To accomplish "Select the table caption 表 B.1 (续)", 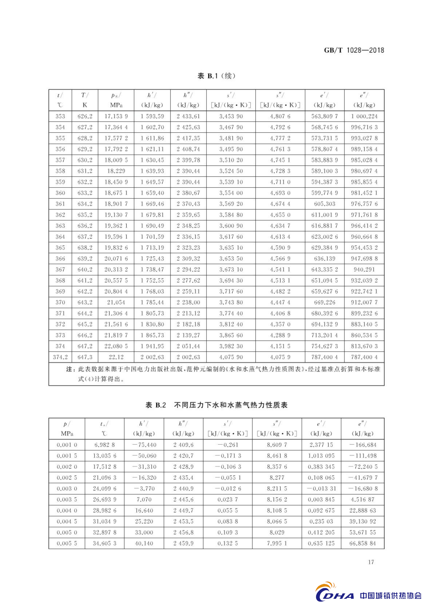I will tap(216, 76).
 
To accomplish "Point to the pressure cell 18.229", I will tap(116, 171).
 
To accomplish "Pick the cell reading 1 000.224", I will tap(364, 116).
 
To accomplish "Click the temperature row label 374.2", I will tap(60, 357).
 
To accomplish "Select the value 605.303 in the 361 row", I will tap(324, 204).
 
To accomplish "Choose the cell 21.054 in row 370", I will tap(116, 302).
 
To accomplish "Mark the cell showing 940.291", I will tap(364, 269).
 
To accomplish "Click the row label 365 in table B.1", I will tap(60, 248).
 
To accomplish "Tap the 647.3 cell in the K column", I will tap(85, 357).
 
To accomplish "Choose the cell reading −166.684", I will tap(363, 445).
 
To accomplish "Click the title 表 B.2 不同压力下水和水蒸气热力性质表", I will tap(216, 405).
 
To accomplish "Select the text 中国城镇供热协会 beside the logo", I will tap(391, 595).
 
